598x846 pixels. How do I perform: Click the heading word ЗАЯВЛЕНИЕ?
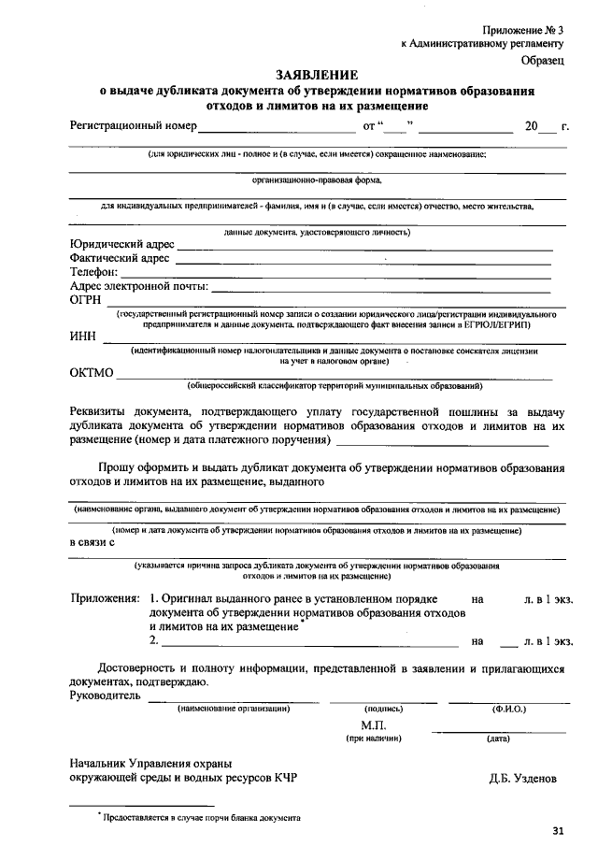click(316, 75)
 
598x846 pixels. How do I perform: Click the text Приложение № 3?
click(524, 32)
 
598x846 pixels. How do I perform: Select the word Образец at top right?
click(543, 61)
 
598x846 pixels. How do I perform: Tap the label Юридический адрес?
click(121, 245)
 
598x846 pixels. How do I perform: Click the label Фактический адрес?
click(119, 259)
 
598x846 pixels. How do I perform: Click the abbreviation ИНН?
click(82, 337)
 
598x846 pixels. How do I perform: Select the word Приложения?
click(105, 597)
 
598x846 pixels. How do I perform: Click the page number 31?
click(559, 829)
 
